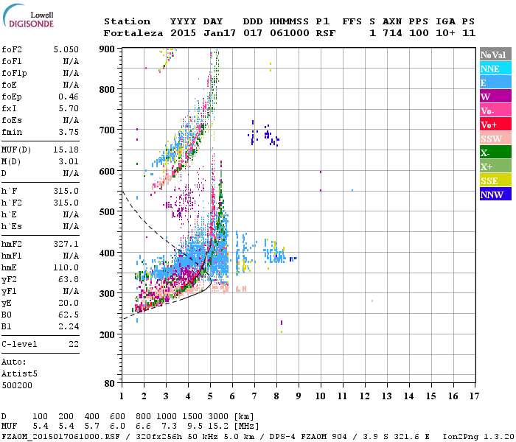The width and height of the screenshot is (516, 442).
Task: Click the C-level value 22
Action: [73, 344]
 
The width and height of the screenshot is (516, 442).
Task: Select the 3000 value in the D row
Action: [219, 417]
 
